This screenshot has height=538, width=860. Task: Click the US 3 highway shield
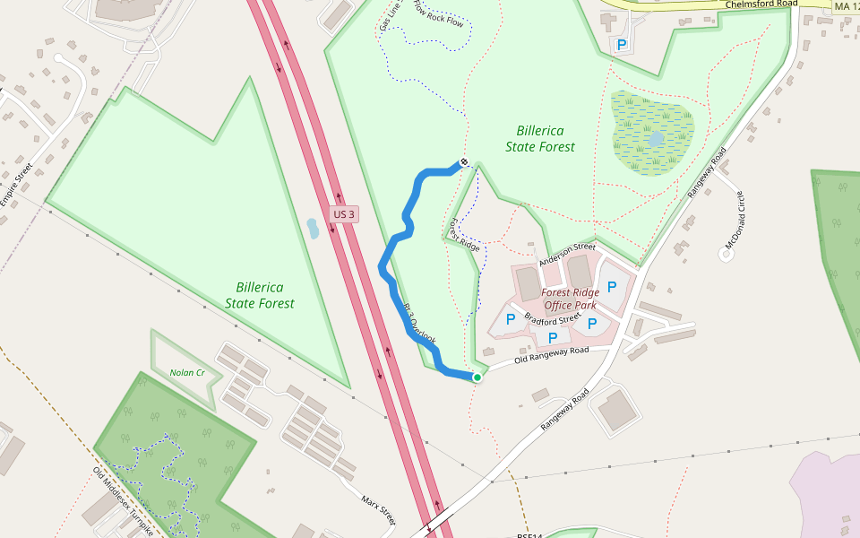[345, 214]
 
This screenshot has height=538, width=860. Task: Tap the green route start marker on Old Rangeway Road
[477, 377]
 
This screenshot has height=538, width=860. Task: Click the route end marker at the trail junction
[464, 162]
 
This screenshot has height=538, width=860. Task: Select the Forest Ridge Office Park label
[570, 299]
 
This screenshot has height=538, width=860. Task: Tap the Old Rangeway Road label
[552, 354]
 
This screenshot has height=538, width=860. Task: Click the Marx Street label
[378, 509]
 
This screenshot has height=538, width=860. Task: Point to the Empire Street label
[16, 185]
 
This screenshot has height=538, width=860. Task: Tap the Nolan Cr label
[187, 372]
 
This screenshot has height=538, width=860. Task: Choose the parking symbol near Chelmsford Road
[621, 44]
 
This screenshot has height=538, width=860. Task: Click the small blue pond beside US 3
[312, 228]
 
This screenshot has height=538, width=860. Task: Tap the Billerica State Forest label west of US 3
[260, 295]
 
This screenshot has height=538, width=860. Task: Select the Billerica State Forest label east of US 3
[540, 138]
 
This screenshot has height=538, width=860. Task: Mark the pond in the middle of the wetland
[656, 138]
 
